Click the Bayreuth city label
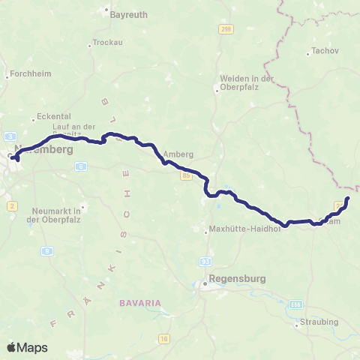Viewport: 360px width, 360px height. [128, 14]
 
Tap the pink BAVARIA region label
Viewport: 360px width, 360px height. [139, 302]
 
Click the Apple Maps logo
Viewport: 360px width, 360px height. [27, 347]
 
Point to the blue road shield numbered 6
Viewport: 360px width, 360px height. [79, 167]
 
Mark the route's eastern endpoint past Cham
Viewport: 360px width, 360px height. [347, 199]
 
